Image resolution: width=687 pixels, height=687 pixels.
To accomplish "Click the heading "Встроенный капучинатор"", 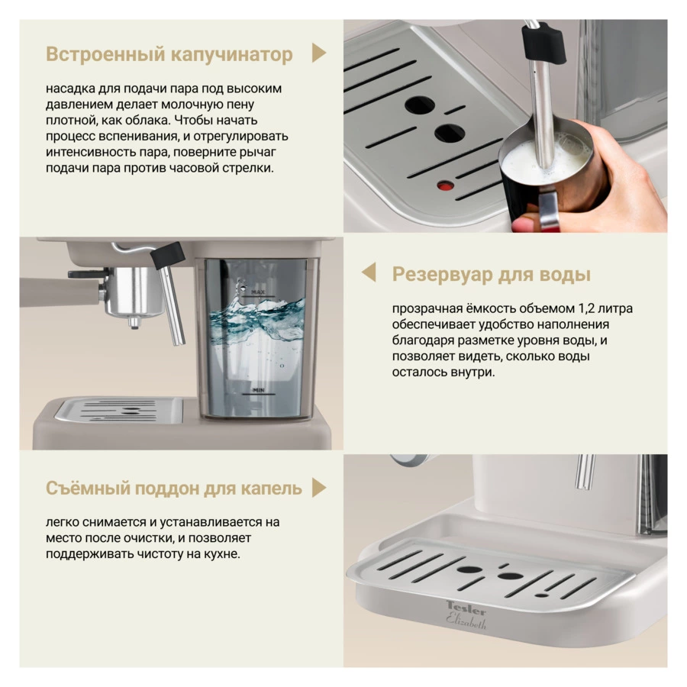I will click(169, 54).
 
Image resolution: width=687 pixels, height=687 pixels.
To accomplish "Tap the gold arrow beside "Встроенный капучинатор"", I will click(319, 53).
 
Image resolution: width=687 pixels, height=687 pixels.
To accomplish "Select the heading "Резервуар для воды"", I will click(491, 274).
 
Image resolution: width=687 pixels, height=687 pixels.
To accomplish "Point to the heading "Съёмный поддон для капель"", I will click(174, 488).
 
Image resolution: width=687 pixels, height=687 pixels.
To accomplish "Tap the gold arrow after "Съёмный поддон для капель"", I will click(319, 488).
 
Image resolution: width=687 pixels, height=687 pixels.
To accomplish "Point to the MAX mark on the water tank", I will click(257, 292).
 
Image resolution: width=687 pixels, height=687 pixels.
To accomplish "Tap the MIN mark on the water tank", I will click(257, 391).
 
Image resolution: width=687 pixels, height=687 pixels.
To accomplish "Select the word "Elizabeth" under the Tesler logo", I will click(466, 621).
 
